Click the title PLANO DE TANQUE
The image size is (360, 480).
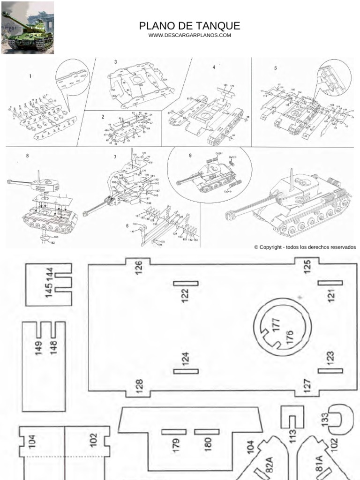coord(189,26)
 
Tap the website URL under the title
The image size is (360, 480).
coord(189,36)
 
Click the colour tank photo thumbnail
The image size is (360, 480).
coord(28,28)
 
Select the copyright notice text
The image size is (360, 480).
coord(305,247)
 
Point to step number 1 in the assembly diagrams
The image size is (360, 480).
coord(30,76)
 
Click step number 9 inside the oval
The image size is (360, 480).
coord(190,156)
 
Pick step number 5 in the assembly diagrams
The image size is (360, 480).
coord(276,68)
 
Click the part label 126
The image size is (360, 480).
coord(138,268)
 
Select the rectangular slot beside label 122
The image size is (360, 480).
coord(186,283)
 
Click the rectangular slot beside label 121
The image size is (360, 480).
coord(330,283)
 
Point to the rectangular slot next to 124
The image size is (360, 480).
coord(186,372)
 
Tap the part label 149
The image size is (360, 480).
coord(38,348)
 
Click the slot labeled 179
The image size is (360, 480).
coord(174,432)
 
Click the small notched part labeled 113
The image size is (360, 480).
coord(291,422)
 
